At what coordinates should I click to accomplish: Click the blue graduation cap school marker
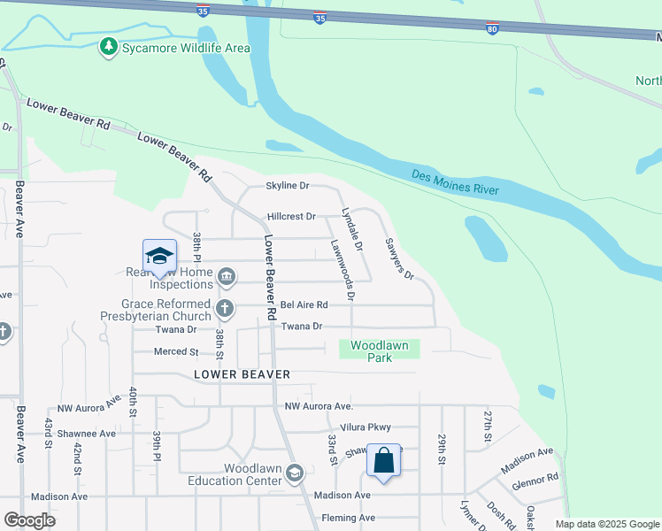point(159,257)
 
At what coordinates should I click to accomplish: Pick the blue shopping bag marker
point(383,460)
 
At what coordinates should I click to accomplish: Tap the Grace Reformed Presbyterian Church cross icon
point(225,309)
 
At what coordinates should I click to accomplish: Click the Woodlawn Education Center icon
point(294,474)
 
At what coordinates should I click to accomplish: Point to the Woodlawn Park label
point(380,351)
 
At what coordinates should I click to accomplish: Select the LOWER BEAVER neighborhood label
point(242,374)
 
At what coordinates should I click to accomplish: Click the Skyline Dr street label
point(288,186)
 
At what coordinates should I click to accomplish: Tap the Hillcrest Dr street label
point(291,217)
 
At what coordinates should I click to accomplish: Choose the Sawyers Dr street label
point(399,258)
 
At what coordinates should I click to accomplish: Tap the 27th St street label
point(487,426)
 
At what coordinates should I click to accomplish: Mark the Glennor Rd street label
point(540,481)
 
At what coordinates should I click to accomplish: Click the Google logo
point(30,520)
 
